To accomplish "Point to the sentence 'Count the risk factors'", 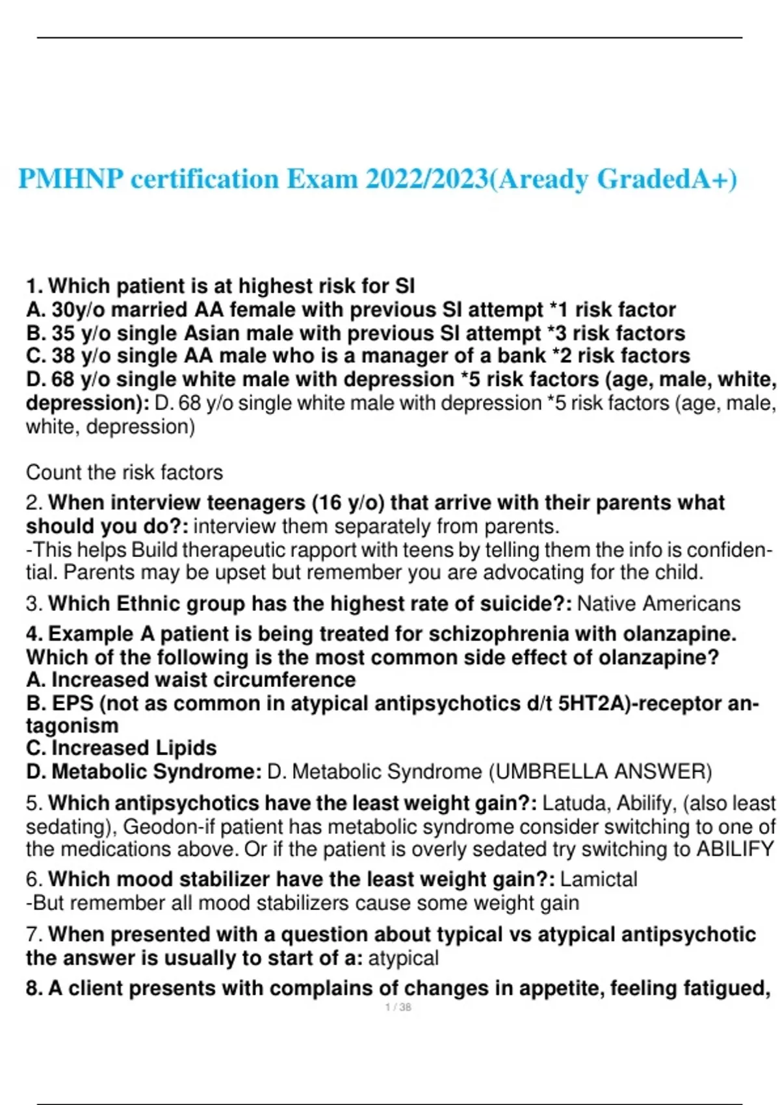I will [124, 472].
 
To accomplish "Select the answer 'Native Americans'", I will [658, 603].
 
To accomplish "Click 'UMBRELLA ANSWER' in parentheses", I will [600, 772].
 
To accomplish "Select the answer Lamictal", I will [599, 879].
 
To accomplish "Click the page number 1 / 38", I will [398, 1007].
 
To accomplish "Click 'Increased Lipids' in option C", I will [134, 747].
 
